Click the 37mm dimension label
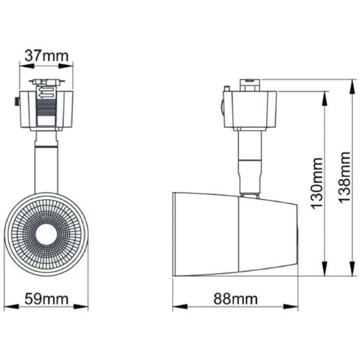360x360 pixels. (45, 55)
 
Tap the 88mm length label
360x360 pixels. (236, 299)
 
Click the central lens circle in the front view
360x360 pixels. (46, 233)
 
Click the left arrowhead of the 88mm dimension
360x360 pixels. (176, 306)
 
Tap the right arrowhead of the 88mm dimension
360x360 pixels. (296, 306)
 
